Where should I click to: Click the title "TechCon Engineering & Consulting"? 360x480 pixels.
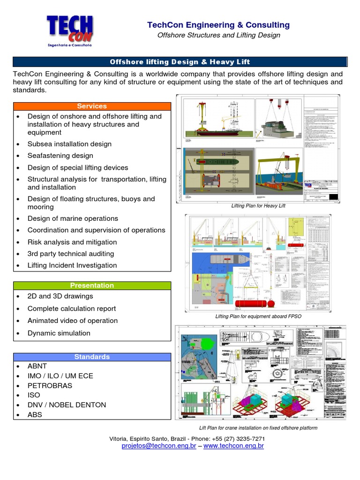coord(218,25)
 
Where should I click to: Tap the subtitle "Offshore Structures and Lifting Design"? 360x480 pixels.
coord(218,35)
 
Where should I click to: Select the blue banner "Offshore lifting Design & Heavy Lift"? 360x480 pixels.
coord(180,62)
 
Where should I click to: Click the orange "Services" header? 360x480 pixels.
coord(92,106)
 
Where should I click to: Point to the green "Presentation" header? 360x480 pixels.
coord(92,285)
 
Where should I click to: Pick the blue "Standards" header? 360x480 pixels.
coord(92,357)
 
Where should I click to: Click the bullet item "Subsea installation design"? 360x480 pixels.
coord(69,144)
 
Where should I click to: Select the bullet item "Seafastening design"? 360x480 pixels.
coord(60,156)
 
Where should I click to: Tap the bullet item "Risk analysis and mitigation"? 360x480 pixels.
coord(72,242)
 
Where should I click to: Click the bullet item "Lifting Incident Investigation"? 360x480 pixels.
coord(72,265)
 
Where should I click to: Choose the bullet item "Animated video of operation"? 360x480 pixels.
coord(73,321)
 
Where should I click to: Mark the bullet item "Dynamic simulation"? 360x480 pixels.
coord(59,333)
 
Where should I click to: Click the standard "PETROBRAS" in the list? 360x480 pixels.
coord(50,386)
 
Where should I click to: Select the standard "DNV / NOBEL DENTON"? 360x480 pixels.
coord(67,405)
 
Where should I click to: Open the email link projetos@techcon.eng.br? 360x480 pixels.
coord(158,446)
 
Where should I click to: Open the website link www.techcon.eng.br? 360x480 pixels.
coord(233,446)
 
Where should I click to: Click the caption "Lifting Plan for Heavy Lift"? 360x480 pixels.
coord(258,206)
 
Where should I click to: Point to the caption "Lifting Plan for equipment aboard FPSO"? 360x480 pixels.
coord(258,316)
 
